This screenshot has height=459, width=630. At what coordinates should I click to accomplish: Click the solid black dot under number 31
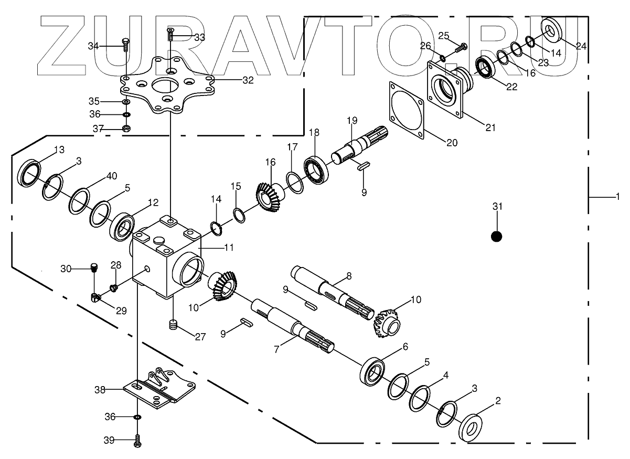point(496,237)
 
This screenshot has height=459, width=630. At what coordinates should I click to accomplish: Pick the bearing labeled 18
point(316,170)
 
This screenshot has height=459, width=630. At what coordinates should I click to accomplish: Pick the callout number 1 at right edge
point(618,197)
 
